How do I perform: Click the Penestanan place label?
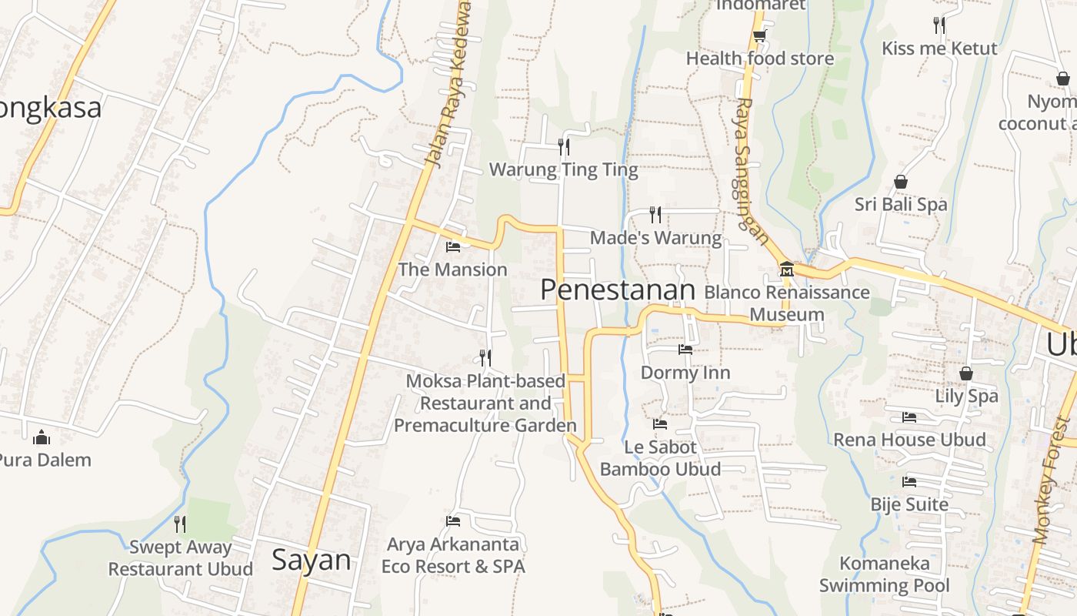pyautogui.click(x=617, y=290)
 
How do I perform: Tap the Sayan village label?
pyautogui.click(x=311, y=560)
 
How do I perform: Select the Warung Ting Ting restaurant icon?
pyautogui.click(x=564, y=146)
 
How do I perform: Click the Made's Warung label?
pyautogui.click(x=655, y=238)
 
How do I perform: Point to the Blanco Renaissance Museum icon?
pyautogui.click(x=786, y=269)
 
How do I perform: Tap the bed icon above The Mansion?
pyautogui.click(x=453, y=246)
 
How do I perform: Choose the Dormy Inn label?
pyautogui.click(x=685, y=373)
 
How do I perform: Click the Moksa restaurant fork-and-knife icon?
pyautogui.click(x=485, y=357)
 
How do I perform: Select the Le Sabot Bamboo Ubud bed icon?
pyautogui.click(x=660, y=423)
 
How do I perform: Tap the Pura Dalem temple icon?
pyautogui.click(x=42, y=437)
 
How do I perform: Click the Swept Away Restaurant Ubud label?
pyautogui.click(x=180, y=558)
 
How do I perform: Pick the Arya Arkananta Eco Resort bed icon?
pyautogui.click(x=453, y=521)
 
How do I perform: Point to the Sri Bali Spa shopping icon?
pyautogui.click(x=901, y=182)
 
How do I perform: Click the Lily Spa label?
pyautogui.click(x=966, y=396)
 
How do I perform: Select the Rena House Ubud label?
pyautogui.click(x=909, y=440)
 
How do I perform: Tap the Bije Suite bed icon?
pyautogui.click(x=909, y=482)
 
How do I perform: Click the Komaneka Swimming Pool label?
pyautogui.click(x=884, y=574)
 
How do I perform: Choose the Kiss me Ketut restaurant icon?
pyautogui.click(x=939, y=25)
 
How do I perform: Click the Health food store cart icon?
pyautogui.click(x=759, y=35)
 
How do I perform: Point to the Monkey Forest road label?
pyautogui.click(x=1052, y=481)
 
